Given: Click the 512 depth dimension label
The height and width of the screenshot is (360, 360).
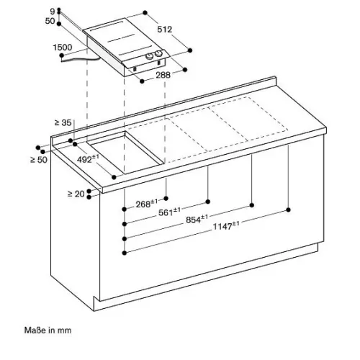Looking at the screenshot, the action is coord(165,30).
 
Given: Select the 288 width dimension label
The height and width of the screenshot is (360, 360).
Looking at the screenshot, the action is coord(163,75).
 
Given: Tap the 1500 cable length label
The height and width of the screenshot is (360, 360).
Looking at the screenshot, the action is coord(63,48).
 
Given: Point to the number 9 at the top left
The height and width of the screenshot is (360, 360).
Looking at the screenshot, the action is coord(53,11).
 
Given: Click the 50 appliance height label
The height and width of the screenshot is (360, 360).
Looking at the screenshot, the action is coord(50,21).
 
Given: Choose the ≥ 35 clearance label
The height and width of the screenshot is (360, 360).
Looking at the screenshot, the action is coord(63,122).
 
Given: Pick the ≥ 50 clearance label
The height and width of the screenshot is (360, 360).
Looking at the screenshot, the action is coord(39,160).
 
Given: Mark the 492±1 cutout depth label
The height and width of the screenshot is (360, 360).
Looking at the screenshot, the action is coord(88,158).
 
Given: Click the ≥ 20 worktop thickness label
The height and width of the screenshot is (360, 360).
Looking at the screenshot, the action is coord(76,194).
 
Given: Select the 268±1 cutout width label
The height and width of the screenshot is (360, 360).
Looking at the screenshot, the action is coord(147,204).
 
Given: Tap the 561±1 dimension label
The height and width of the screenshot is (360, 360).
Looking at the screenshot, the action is coord(169,212).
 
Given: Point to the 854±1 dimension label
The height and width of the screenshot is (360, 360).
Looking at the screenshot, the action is coord(197,219).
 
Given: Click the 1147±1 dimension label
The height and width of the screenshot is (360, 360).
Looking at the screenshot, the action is coord(226,226).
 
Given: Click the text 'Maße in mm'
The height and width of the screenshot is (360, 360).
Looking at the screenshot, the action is coord(48,330).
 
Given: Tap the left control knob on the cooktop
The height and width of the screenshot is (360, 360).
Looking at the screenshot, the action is coord(150,56).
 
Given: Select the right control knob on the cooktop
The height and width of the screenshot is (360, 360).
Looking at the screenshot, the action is coord(158,54).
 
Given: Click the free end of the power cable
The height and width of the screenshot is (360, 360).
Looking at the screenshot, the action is coord(62,61).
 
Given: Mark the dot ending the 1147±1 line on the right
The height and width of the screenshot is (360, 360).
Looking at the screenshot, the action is coord(289,210).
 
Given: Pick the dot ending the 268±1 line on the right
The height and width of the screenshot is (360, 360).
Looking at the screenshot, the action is coord(166,198).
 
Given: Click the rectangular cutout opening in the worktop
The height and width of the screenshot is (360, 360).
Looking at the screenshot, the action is coord(125,152).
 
